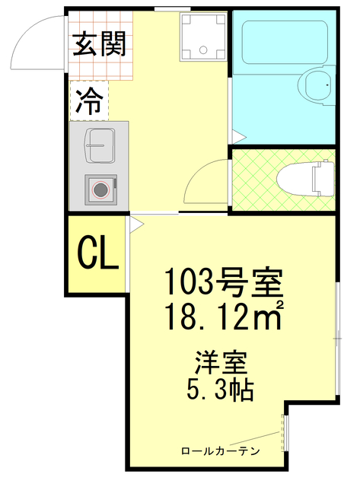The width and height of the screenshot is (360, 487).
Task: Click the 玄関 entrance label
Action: (99, 45)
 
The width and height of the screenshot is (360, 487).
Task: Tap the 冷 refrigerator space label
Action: (90, 102)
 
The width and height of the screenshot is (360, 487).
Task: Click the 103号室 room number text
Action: (225, 285)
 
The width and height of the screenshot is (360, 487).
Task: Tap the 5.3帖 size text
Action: (220, 390)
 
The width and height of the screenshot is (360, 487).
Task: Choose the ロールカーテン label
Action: (220, 451)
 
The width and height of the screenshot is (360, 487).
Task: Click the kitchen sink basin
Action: (98, 144)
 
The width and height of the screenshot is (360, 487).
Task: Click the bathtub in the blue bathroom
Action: (284, 45)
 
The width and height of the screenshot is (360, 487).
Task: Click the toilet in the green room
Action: (304, 177)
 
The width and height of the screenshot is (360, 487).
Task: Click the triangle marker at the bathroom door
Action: (237, 138)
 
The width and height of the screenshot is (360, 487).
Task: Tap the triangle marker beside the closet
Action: (135, 224)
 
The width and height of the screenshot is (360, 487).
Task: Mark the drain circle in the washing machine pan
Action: (203, 49)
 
